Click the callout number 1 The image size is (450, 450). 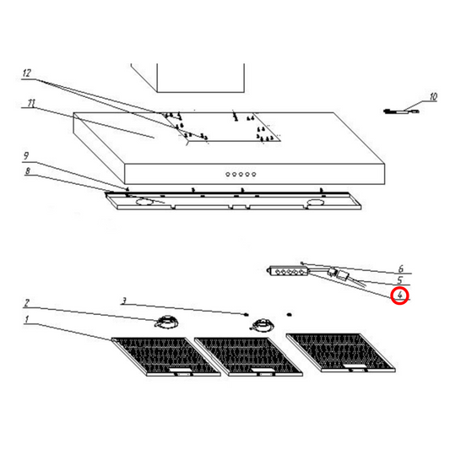pyautogui.click(x=26, y=320)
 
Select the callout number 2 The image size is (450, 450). pyautogui.click(x=26, y=303)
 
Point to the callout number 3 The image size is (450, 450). pyautogui.click(x=123, y=301)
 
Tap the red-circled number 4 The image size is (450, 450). pyautogui.click(x=400, y=295)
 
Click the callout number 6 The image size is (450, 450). pyautogui.click(x=400, y=268)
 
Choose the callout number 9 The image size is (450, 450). pyautogui.click(x=26, y=156)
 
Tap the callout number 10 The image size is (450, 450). pyautogui.click(x=432, y=97)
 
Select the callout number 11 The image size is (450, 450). pyautogui.click(x=31, y=104)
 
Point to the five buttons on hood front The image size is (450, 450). pyautogui.click(x=240, y=175)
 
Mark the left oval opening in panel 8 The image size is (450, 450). pyautogui.click(x=147, y=203)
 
